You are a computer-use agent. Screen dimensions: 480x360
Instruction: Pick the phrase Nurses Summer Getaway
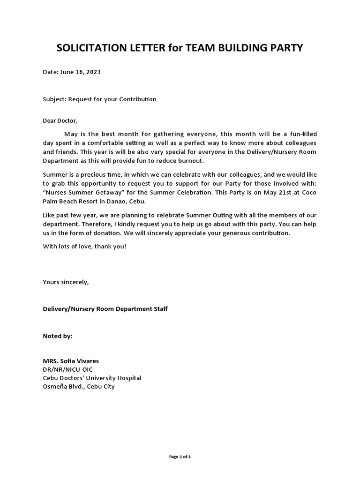point(82,192)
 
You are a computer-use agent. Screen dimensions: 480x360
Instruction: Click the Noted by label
point(58,336)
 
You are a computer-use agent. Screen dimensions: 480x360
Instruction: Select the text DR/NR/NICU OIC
point(68,369)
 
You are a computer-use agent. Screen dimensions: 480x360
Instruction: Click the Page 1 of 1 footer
point(180,457)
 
